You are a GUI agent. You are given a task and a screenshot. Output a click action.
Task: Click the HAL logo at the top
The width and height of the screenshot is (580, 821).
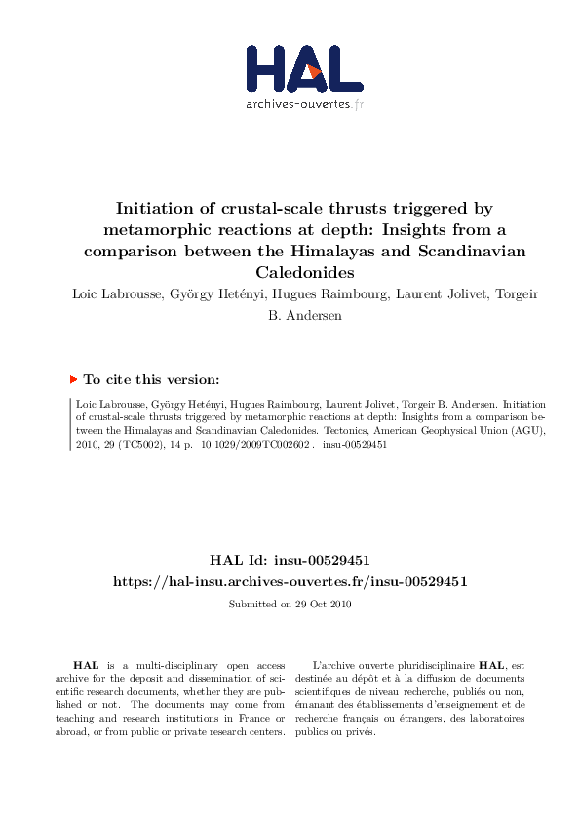305,67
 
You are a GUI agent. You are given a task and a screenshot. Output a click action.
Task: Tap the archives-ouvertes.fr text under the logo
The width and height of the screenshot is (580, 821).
305,103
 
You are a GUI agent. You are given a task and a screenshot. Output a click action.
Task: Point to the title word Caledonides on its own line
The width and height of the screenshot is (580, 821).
305,272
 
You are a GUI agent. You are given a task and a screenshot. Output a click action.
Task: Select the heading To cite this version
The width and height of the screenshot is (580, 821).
151,380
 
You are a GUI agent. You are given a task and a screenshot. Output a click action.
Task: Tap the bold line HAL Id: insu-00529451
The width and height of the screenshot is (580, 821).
290,560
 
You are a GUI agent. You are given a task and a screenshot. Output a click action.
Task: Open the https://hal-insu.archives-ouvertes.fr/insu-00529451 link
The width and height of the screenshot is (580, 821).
290,581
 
